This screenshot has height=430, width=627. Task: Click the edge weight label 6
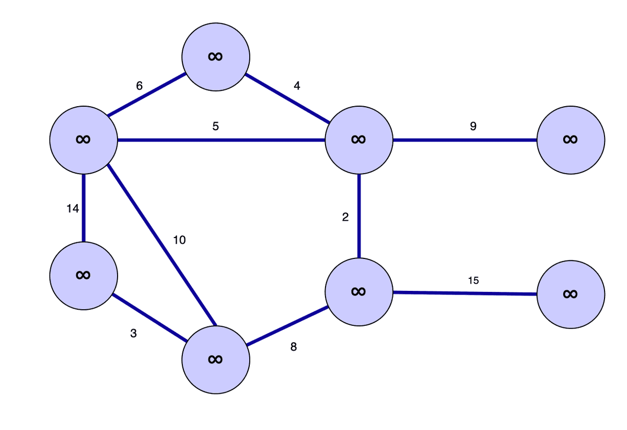139,86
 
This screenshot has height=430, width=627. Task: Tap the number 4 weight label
297,86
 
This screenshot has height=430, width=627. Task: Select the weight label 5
215,127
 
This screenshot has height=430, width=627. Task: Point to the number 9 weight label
473,126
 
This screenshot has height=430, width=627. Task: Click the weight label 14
73,209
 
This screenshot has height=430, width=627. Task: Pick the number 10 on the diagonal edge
179,240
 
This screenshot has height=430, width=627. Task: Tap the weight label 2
345,218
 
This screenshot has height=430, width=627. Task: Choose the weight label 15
473,280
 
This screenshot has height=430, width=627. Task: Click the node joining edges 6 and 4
216,56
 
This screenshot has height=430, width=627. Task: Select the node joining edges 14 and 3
83,276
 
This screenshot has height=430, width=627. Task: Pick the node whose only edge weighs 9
571,140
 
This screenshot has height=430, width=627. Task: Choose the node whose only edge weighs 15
571,295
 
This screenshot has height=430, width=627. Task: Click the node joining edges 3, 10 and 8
216,359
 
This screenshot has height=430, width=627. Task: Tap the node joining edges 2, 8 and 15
358,292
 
